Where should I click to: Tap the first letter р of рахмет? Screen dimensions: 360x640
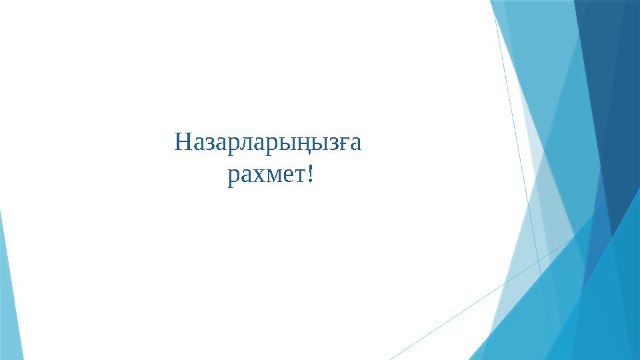click(233, 178)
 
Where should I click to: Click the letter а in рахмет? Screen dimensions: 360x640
click(245, 177)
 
